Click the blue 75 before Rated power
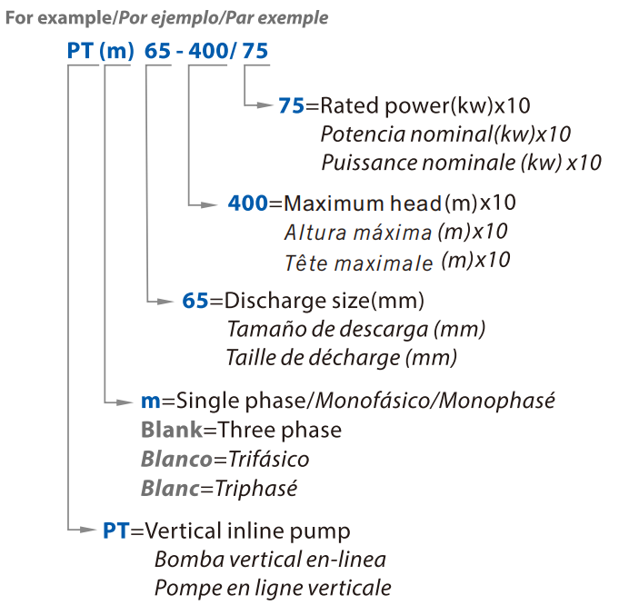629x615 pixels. point(291,105)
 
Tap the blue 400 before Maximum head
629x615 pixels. point(247,203)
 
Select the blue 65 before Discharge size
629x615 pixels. point(195,301)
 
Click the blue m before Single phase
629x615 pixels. point(150,402)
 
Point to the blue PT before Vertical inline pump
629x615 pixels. point(116,531)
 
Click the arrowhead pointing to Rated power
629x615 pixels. point(265,105)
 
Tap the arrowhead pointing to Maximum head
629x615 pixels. point(209,205)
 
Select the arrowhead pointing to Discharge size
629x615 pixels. point(165,302)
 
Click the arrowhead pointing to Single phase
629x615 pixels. point(125,402)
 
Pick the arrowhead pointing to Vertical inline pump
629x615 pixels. point(88,530)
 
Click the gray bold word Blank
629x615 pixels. point(172,430)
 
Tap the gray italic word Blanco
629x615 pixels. point(176,459)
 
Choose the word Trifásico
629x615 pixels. point(269,459)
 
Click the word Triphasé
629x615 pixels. point(256,489)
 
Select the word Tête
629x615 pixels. point(307,263)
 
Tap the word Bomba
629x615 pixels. point(188,560)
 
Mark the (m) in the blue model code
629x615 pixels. point(116,51)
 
